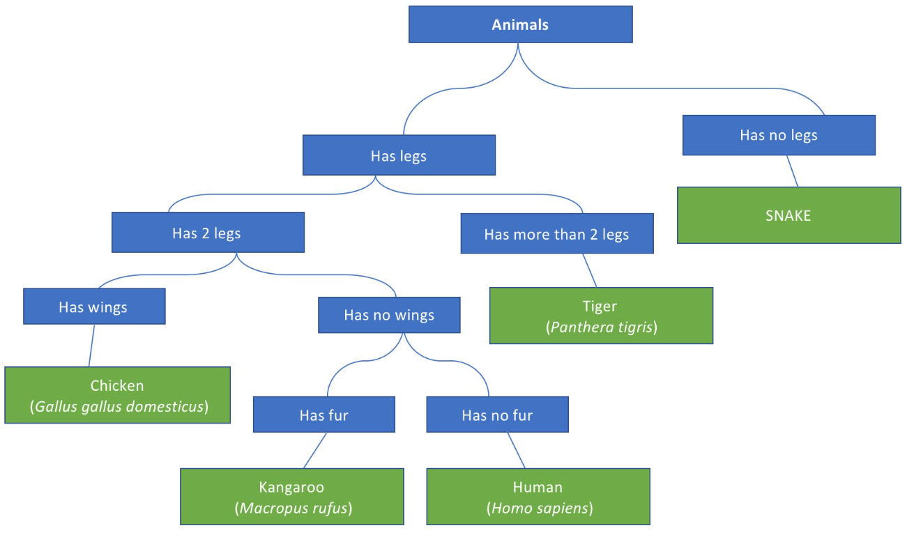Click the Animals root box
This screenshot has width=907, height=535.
point(520,25)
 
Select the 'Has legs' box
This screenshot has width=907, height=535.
point(399,155)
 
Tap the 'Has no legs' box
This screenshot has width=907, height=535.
point(779,135)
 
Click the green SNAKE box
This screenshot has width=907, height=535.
point(788,215)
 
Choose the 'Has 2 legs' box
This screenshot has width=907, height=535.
point(207,233)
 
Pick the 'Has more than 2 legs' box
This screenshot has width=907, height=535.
point(556,234)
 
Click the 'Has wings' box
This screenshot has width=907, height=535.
point(93,307)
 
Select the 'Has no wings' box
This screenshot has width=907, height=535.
point(389,315)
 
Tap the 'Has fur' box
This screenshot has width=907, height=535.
point(323,415)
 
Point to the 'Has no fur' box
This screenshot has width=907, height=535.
point(497,415)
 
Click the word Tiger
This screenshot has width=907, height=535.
point(600,307)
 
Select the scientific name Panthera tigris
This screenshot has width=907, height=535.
point(602,327)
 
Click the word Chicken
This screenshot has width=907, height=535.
point(117,385)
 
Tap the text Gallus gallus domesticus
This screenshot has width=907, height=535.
point(119,406)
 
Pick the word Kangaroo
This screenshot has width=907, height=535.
point(292,487)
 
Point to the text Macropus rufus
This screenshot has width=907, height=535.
point(293,508)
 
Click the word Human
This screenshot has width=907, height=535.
point(538,487)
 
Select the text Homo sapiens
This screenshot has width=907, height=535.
point(540,508)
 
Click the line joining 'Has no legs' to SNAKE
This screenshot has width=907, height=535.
point(793,171)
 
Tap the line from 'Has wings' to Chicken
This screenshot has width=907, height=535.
point(91,346)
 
